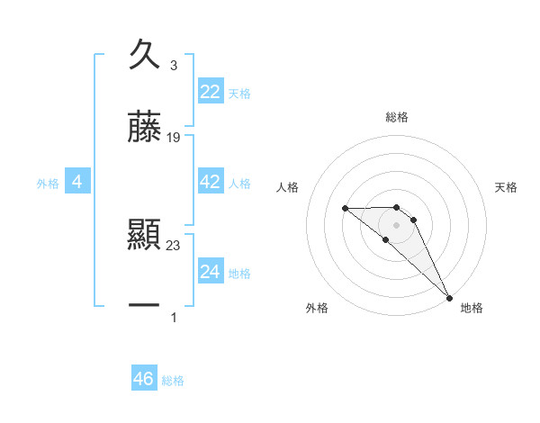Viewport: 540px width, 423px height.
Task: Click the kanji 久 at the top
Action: point(144,55)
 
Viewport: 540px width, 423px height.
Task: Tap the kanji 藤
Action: point(144,127)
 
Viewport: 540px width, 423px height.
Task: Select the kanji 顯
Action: point(144,235)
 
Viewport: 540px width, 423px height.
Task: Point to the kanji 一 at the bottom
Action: point(144,307)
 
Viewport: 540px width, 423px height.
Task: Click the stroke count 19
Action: point(174,138)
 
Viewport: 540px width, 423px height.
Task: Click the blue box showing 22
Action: point(211,92)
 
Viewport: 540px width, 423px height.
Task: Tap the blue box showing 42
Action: point(211,182)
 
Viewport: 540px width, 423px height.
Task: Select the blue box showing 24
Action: point(211,272)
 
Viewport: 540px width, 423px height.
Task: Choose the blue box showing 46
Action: point(144,379)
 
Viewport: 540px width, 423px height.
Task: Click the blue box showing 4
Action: point(77,182)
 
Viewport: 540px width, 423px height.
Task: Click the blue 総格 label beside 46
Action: point(173,381)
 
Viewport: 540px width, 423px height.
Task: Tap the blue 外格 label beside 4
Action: point(48,184)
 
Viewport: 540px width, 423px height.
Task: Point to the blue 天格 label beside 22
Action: point(239,94)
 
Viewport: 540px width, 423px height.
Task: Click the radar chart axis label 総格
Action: point(397,117)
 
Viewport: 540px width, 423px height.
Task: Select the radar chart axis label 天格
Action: point(507,187)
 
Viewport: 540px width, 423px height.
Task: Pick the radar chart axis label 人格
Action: point(287,187)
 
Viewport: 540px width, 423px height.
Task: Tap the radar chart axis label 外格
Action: point(317,308)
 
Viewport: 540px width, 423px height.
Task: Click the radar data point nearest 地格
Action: point(449,298)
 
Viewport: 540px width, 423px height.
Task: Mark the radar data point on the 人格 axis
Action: point(346,209)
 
